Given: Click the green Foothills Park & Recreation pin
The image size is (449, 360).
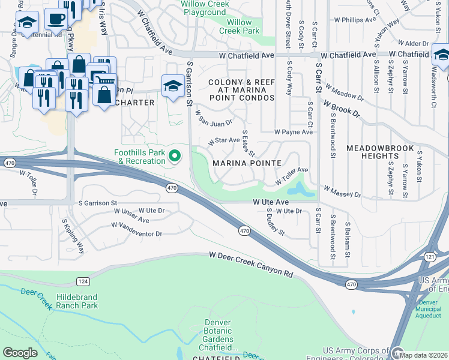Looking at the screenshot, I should click(x=175, y=157).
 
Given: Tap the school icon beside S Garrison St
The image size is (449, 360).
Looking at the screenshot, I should click(x=172, y=85).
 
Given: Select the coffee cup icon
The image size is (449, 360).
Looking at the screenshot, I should click(x=56, y=19).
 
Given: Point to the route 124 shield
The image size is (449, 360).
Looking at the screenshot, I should click(x=83, y=281).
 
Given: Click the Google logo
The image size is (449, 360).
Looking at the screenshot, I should click(x=20, y=353).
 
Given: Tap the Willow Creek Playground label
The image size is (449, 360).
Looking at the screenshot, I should click(x=203, y=8).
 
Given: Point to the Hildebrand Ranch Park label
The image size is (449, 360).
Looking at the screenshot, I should click(x=77, y=301).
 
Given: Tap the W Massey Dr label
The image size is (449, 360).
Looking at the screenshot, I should click(x=342, y=191).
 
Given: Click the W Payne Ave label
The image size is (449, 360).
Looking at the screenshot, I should click(x=294, y=131).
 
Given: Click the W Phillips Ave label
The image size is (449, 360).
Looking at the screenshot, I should click(x=355, y=20).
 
